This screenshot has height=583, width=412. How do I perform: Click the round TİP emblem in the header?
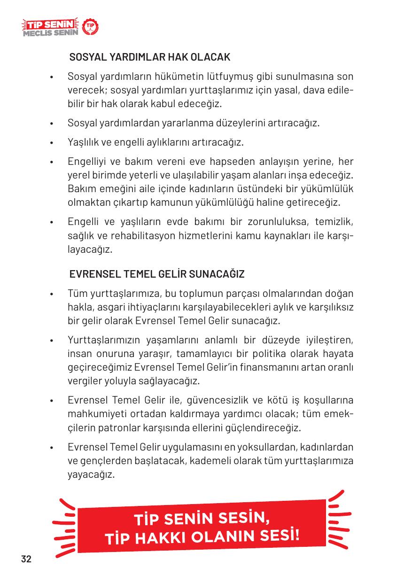point(90,28)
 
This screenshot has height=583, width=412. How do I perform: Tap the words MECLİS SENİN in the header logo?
point(50,33)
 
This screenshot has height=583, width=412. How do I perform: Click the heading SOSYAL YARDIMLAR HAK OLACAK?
point(150,58)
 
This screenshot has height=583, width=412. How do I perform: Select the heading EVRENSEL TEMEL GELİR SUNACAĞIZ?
point(156,274)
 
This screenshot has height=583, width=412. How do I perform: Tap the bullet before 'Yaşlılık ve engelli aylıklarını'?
point(55,142)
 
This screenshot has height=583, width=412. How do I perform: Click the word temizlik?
point(328,221)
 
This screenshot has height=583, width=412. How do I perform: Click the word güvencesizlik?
point(219,401)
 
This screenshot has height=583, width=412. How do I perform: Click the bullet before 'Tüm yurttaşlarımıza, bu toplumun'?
point(55,295)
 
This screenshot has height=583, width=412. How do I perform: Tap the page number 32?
point(26,559)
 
